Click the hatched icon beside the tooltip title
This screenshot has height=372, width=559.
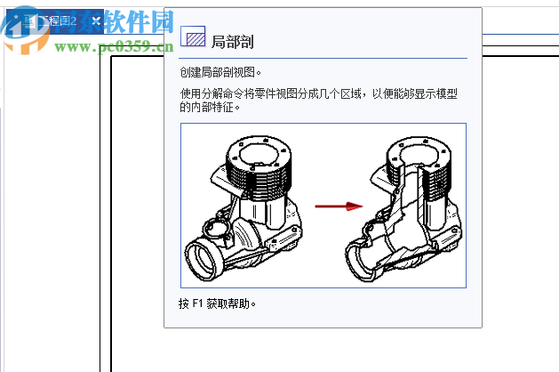193,36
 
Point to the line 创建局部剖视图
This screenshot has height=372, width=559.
220,72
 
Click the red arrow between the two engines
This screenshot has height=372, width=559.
353,206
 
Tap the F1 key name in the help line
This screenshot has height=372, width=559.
197,303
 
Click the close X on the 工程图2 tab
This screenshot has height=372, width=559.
96,20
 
